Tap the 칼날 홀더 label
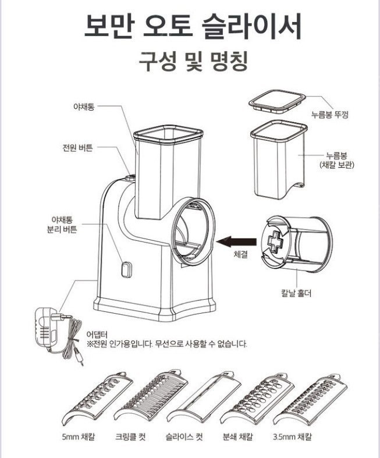point(295,294)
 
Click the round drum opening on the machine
point(194,230)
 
